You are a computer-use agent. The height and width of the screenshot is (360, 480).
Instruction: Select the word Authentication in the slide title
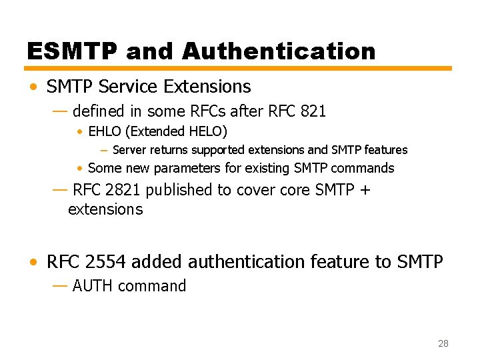[278, 51]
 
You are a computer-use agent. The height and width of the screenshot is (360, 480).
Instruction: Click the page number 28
[443, 343]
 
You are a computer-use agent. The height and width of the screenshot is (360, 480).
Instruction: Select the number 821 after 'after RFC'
[313, 111]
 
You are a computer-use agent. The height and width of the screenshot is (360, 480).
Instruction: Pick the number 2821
[123, 190]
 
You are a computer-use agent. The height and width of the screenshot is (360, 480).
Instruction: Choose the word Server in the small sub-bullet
[130, 150]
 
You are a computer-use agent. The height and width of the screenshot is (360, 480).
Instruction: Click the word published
[179, 190]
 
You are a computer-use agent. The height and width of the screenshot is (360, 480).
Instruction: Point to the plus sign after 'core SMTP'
[364, 190]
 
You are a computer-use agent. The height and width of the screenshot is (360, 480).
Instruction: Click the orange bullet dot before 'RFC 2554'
[33, 263]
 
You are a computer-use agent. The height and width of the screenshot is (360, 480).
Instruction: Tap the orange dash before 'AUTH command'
[59, 285]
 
